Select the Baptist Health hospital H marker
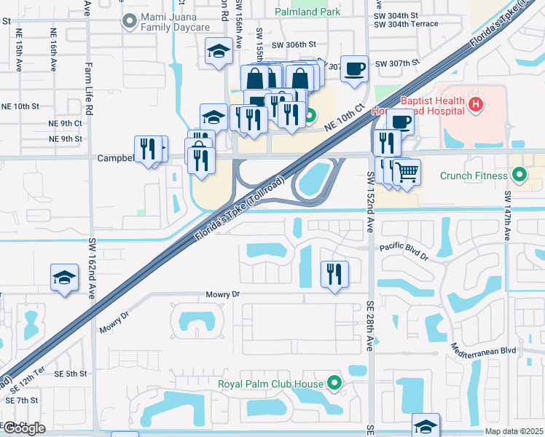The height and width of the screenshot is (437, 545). (x=476, y=106)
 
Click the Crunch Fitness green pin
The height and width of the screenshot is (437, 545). (x=519, y=175)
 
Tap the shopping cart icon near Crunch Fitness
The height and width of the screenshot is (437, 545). (x=407, y=172)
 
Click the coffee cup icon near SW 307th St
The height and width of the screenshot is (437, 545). (x=355, y=68)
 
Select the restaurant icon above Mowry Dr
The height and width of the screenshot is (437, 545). (x=335, y=274)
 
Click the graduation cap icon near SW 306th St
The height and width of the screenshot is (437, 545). (x=218, y=51)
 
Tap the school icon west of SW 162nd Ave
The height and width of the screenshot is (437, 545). (x=64, y=277)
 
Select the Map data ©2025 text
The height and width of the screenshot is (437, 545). (x=513, y=431)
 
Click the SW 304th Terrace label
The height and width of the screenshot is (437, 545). (x=406, y=24)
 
